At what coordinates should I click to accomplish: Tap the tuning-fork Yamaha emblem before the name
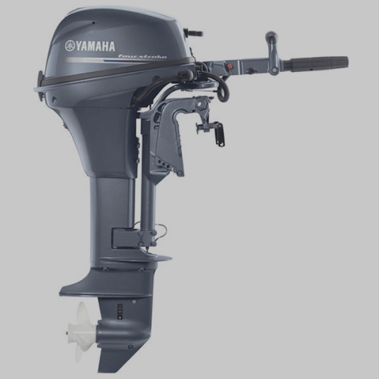point(70,45)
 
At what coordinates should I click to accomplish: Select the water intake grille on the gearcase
point(121,310)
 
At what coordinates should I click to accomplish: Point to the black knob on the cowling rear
point(193,33)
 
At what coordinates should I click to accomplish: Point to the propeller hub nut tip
point(68,332)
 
